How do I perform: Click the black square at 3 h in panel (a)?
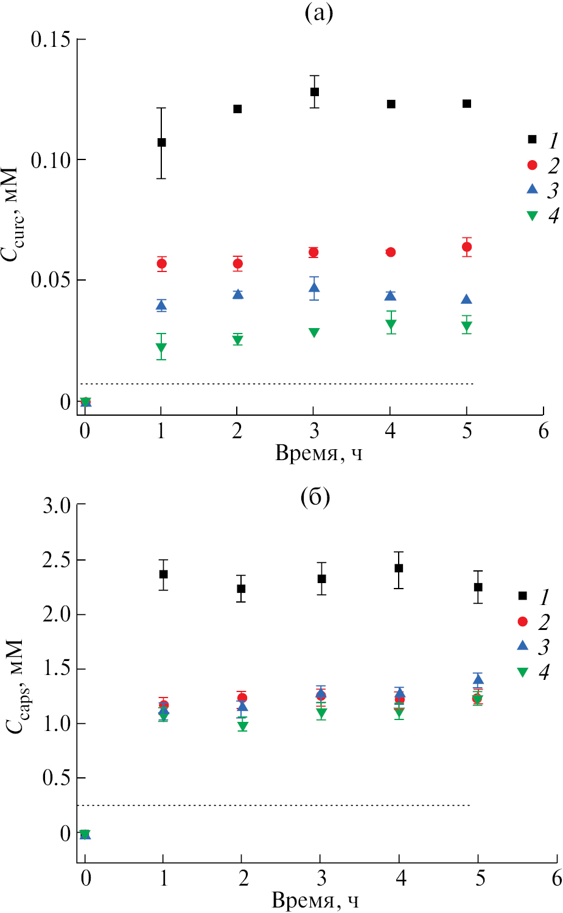point(315,92)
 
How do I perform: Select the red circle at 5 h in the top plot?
point(467,247)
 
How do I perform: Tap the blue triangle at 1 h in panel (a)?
point(161,306)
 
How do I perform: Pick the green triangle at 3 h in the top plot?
point(314,332)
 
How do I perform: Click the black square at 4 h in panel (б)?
point(399,568)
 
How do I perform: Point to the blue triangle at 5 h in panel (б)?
point(478,679)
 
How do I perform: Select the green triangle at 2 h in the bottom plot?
point(243,726)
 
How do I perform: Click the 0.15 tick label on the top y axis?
point(51,40)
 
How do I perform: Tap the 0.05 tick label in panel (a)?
point(51,281)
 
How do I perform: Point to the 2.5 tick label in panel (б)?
point(56,560)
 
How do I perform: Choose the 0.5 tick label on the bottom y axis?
point(56,778)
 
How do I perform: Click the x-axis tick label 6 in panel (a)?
point(543,432)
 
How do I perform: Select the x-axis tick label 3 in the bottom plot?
point(321,878)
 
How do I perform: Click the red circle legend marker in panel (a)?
point(533,165)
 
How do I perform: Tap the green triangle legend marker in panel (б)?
point(522,672)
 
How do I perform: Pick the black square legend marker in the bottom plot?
point(522,596)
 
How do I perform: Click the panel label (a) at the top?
point(318,13)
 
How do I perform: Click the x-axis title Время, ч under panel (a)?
point(318,453)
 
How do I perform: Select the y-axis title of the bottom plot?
point(15,686)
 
